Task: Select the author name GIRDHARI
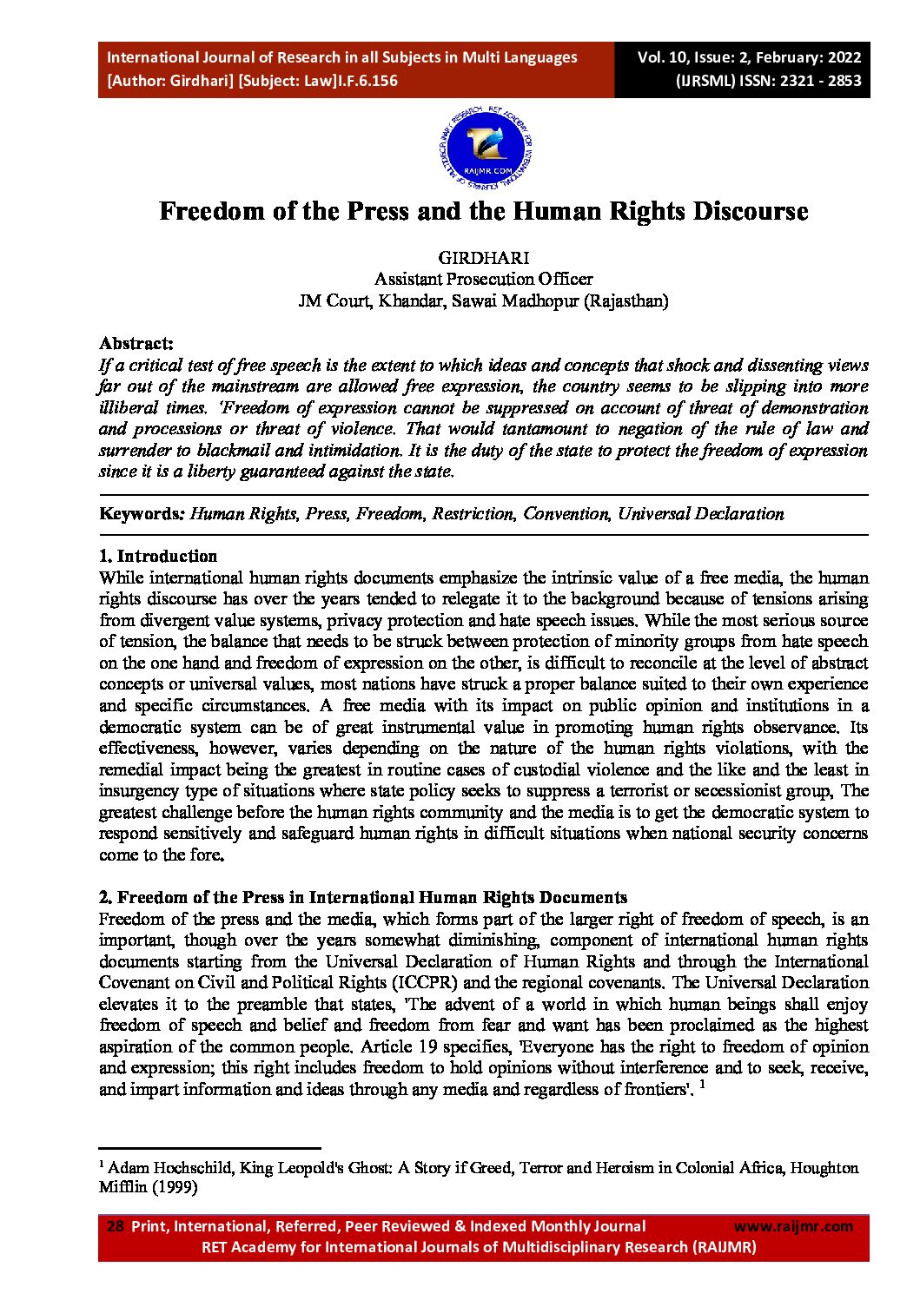pos(483,258)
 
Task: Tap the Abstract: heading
pos(136,344)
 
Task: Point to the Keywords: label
pos(142,514)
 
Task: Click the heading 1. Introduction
pos(158,557)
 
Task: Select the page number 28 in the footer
pos(115,1226)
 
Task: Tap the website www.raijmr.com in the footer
pos(793,1226)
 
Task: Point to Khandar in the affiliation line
pos(410,301)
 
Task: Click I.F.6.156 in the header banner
pos(367,81)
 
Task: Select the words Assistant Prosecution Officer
pos(483,280)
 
